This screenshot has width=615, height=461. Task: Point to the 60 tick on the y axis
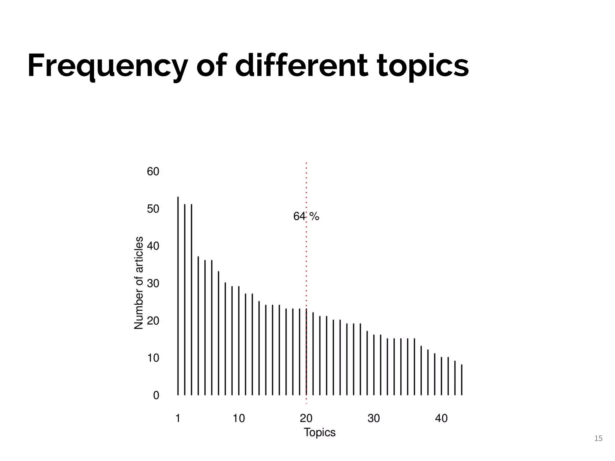coord(153,172)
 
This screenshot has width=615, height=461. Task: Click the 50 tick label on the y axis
coord(153,209)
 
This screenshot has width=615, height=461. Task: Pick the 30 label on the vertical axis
coord(153,283)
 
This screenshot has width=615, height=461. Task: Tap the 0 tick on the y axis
coord(156,395)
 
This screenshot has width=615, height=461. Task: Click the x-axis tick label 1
coord(178,418)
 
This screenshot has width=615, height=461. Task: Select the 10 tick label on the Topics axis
coord(239,418)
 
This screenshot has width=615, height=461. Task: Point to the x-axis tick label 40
coord(441,418)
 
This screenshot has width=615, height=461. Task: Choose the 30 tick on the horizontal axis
coord(374,418)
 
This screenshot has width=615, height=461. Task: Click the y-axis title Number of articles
coord(138,283)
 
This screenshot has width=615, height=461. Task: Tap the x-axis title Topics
coord(320,432)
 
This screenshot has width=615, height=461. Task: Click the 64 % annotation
coord(306,216)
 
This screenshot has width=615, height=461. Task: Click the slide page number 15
coord(598,439)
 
